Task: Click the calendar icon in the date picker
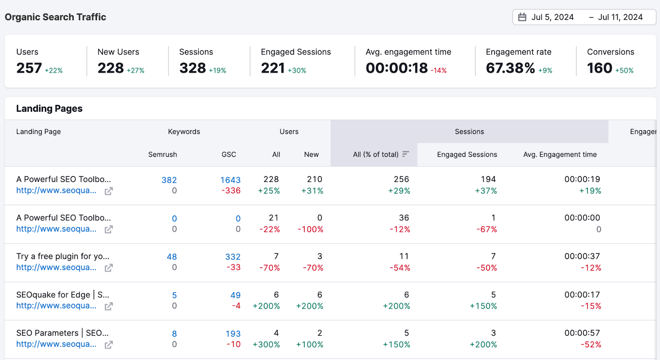(522, 17)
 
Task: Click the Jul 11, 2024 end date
(620, 17)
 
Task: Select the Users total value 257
(29, 68)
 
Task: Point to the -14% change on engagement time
(438, 71)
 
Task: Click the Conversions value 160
(599, 68)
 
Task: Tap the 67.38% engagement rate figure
(510, 68)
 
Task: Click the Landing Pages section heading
(49, 108)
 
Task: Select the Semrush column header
(163, 154)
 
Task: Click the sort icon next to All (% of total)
(405, 154)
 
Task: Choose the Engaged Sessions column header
(467, 154)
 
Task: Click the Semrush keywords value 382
(169, 180)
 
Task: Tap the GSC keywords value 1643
(230, 180)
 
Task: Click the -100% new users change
(310, 229)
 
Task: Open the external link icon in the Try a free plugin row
(108, 268)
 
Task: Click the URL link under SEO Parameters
(56, 344)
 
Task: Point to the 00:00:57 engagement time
(582, 333)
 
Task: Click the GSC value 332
(233, 257)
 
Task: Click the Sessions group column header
(469, 132)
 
